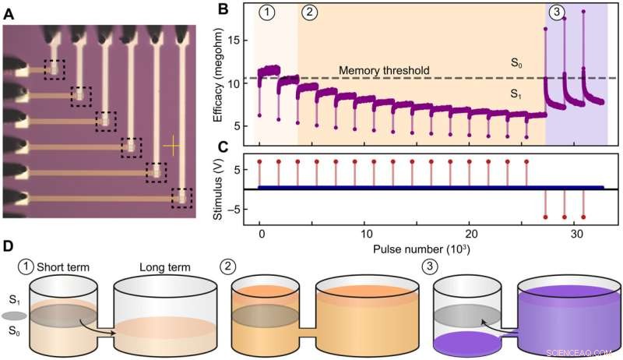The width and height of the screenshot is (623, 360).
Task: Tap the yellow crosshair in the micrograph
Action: [173, 146]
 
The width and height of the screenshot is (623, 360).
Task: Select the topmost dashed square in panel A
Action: [55, 69]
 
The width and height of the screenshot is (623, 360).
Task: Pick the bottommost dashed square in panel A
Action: [182, 199]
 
